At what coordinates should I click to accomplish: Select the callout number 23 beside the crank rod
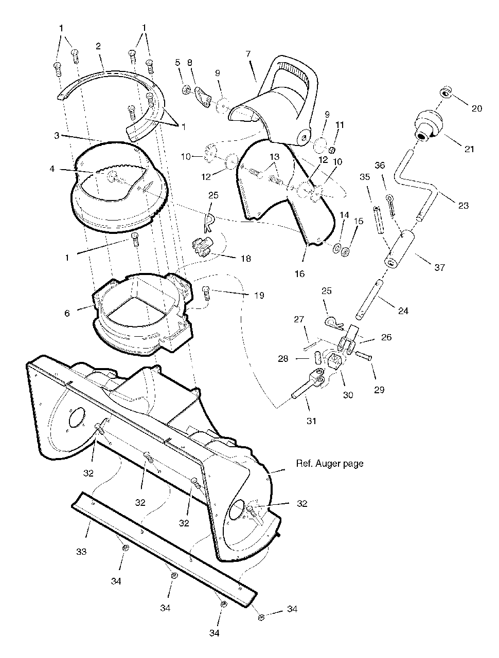463,205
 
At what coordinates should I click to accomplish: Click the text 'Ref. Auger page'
329,463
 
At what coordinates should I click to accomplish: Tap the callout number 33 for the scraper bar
81,552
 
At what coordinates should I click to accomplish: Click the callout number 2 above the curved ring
98,46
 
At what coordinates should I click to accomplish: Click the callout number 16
300,273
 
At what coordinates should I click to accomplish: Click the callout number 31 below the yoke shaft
311,421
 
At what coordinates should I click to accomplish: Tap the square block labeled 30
335,363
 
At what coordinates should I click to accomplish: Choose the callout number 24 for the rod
403,310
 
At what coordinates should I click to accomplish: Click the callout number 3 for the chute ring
58,135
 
